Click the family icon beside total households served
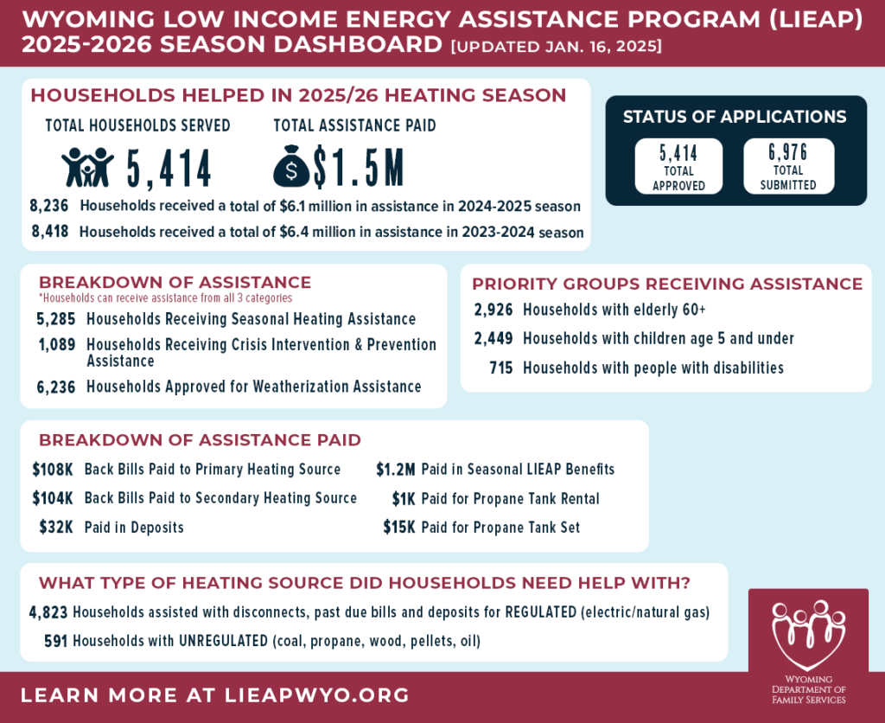[x=87, y=167]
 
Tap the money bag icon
[x=291, y=167]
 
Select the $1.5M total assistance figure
[x=358, y=168]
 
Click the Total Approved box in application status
[x=678, y=166]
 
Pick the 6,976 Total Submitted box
[x=788, y=166]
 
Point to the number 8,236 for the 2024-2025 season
[x=48, y=206]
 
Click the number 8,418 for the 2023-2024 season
[x=49, y=232]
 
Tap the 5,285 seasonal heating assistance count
[x=55, y=319]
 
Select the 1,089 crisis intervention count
[x=56, y=344]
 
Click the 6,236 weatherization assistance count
[x=55, y=387]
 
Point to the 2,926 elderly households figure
[x=493, y=310]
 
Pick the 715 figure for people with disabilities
[x=501, y=368]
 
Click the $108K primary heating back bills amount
[x=53, y=470]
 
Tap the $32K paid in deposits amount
[x=56, y=528]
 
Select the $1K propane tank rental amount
[x=404, y=499]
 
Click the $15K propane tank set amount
[x=399, y=528]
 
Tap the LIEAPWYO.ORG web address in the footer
[x=317, y=695]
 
